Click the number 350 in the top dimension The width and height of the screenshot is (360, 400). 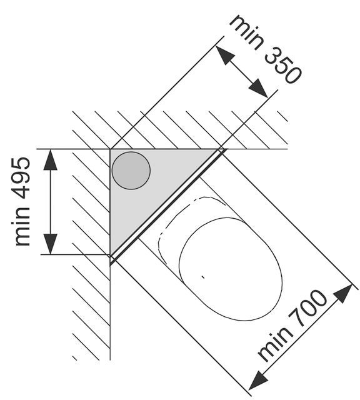coord(283,65)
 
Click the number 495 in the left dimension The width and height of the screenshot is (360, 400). coord(22,179)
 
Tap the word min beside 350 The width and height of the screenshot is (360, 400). coord(246,32)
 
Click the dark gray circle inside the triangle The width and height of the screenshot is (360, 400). coord(131,171)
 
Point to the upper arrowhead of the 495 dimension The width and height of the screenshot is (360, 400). coord(50,159)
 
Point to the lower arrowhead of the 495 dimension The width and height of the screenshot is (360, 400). coord(50,244)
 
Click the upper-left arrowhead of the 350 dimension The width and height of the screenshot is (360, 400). coord(225,56)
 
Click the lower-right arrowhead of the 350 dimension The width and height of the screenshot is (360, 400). coord(258,88)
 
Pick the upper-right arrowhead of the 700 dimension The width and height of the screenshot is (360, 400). coord(343,294)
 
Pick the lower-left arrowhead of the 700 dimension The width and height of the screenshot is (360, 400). coord(258,380)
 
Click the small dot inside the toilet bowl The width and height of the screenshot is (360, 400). coord(203,277)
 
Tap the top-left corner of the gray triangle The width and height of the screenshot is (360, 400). coord(110,149)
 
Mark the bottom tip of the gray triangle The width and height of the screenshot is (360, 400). coord(111,254)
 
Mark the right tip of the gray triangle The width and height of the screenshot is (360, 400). coord(219,149)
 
